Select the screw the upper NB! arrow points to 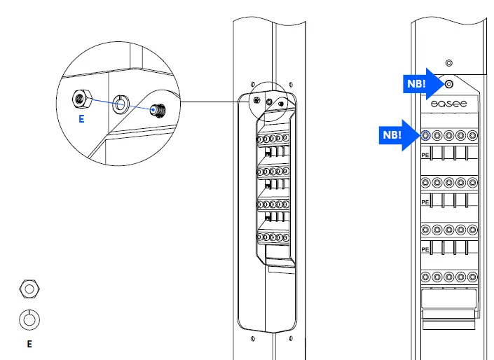448,84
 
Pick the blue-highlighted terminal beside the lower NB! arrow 425,135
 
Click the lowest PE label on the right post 425,249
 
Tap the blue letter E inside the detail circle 81,120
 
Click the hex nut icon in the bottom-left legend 29,288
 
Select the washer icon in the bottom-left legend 29,319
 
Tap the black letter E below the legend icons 29,344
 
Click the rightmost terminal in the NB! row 473,135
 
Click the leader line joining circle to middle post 210,102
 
